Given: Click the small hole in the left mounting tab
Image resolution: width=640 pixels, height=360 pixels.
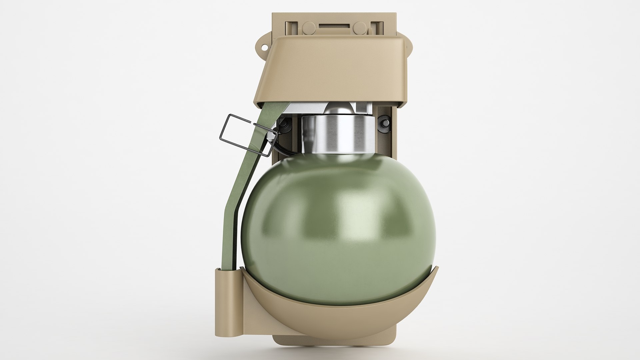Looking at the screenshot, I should pos(264,47).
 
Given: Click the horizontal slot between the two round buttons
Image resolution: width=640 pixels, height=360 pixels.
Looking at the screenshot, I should pos(333,26).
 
